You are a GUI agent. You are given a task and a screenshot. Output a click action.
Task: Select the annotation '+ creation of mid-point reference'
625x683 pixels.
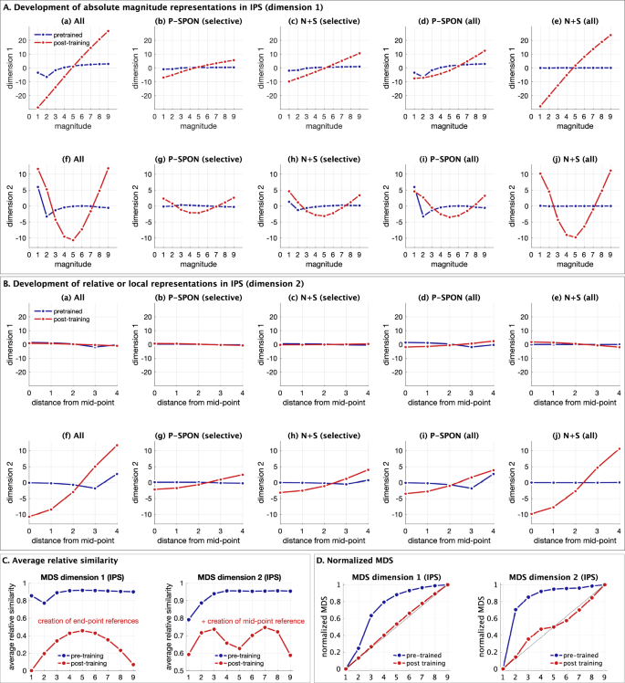[x=237, y=620]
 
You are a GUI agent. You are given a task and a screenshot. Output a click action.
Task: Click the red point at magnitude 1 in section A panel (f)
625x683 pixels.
[x=37, y=169]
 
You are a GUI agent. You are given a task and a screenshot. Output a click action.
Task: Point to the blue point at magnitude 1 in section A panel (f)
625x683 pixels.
[x=37, y=187]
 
